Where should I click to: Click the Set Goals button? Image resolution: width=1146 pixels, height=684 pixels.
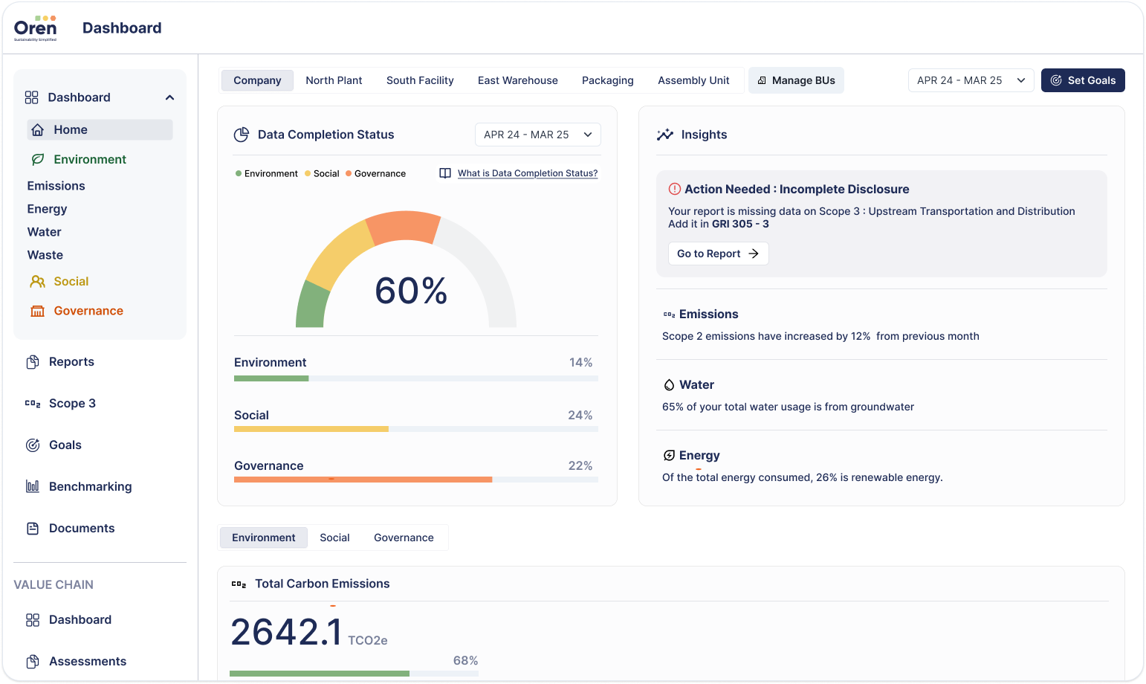[1083, 80]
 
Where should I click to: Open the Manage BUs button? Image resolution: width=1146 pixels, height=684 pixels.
[796, 80]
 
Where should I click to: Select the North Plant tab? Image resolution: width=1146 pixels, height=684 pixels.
[334, 80]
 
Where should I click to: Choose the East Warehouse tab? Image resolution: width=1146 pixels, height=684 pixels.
[517, 80]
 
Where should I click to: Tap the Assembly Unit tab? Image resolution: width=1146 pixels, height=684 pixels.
[693, 80]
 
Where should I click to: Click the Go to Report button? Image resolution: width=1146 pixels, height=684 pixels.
[718, 254]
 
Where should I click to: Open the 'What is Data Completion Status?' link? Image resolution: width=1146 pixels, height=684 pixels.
[527, 173]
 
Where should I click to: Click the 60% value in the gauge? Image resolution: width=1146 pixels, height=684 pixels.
[411, 291]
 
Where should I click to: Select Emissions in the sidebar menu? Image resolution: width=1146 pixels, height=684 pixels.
[56, 186]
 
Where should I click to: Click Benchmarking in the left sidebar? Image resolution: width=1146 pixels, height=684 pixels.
[90, 486]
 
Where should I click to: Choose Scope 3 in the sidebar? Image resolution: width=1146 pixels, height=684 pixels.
[72, 403]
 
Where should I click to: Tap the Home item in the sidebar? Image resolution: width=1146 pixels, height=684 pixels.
[71, 129]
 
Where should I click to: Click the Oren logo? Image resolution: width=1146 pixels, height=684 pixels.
[35, 28]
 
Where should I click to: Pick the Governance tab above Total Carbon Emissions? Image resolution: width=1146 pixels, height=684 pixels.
[404, 538]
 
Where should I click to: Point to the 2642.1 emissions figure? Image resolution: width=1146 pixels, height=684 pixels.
[286, 632]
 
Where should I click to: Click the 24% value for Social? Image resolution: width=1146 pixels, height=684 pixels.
[580, 415]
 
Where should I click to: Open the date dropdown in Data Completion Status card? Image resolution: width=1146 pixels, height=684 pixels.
[537, 135]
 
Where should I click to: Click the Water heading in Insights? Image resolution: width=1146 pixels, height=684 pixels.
[696, 384]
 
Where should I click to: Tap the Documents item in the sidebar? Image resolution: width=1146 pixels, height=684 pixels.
[82, 528]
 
